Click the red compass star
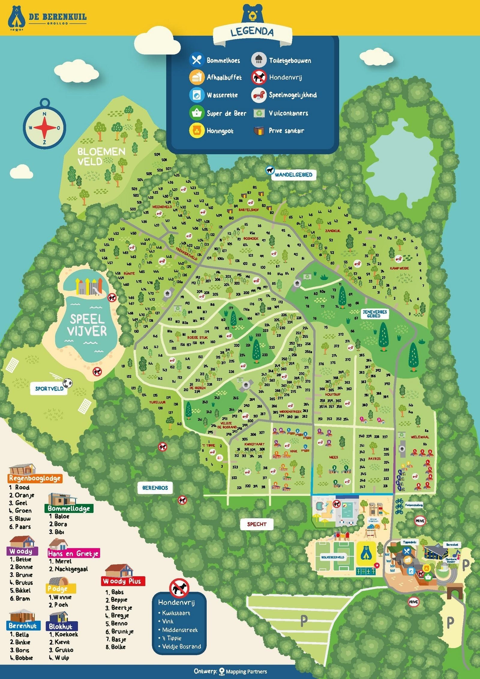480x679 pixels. pyautogui.click(x=44, y=127)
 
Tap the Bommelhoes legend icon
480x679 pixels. pyautogui.click(x=197, y=60)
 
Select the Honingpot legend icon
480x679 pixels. pyautogui.click(x=197, y=131)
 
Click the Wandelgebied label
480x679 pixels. pyautogui.click(x=293, y=175)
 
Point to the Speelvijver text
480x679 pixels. pyautogui.click(x=87, y=325)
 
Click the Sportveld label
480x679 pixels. pyautogui.click(x=49, y=389)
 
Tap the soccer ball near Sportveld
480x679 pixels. pyautogui.click(x=68, y=383)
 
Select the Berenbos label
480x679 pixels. pyautogui.click(x=155, y=488)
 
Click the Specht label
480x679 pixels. pyautogui.click(x=256, y=524)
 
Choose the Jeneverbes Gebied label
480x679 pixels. pyautogui.click(x=374, y=314)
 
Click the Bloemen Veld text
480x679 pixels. pyautogui.click(x=101, y=156)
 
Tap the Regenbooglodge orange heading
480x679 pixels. pyautogui.click(x=35, y=478)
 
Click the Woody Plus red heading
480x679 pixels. pyautogui.click(x=123, y=581)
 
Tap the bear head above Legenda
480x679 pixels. pyautogui.click(x=253, y=13)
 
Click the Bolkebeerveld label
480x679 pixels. pyautogui.click(x=333, y=557)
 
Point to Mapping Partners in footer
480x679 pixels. pyautogui.click(x=246, y=672)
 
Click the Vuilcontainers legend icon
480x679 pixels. pyautogui.click(x=259, y=113)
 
